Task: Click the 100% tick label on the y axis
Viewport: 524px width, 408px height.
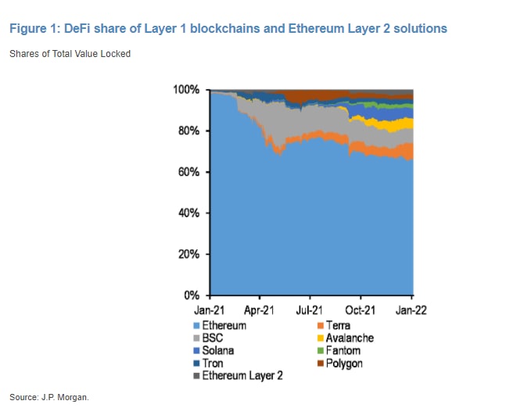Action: pyautogui.click(x=188, y=90)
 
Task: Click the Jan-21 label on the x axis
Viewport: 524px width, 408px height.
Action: pyautogui.click(x=210, y=310)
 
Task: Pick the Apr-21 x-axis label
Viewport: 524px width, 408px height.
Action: pyautogui.click(x=260, y=310)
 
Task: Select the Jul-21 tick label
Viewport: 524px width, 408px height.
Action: pyautogui.click(x=310, y=310)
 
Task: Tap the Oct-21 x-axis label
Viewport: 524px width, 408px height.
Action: pyautogui.click(x=361, y=310)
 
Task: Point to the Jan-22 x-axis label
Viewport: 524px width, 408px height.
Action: pyautogui.click(x=411, y=310)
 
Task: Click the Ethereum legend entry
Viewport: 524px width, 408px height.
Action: pyautogui.click(x=224, y=325)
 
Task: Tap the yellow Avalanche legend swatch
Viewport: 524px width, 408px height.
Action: pyautogui.click(x=320, y=338)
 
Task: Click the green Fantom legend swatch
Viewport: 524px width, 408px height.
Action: pyautogui.click(x=320, y=351)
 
